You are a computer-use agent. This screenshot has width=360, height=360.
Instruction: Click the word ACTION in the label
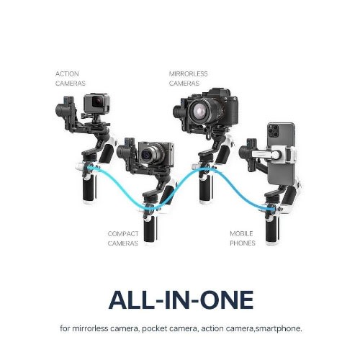(x=67, y=73)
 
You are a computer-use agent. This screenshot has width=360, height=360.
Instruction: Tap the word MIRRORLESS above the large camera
(x=189, y=73)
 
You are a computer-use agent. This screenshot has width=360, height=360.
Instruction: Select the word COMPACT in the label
(x=123, y=233)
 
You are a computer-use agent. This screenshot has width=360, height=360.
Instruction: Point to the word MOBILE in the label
(x=241, y=233)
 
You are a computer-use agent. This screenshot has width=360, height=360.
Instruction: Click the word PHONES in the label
(x=243, y=243)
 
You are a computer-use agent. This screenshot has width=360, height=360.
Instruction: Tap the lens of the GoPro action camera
(x=98, y=102)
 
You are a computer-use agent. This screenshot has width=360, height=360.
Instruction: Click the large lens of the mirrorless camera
(x=200, y=110)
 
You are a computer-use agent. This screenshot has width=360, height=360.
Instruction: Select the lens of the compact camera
(x=146, y=155)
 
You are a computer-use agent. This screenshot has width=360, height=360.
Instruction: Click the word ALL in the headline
(x=131, y=300)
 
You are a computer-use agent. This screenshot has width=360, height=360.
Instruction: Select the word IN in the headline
(x=177, y=300)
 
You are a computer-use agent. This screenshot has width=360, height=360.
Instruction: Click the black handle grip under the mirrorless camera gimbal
(x=204, y=189)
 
